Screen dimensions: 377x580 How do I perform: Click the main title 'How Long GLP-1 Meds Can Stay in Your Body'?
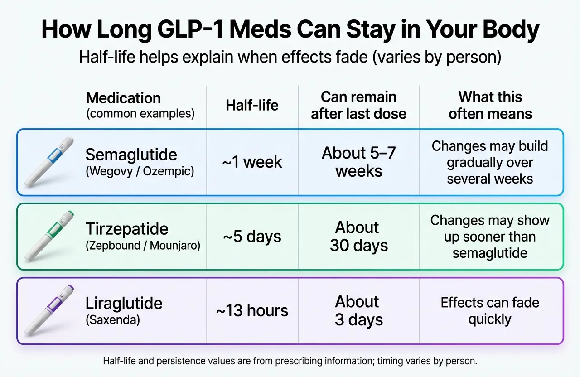(x=290, y=30)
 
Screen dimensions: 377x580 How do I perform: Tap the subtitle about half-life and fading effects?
(x=290, y=58)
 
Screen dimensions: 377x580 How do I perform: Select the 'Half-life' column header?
(x=252, y=105)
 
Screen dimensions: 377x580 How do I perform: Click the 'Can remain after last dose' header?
(x=358, y=105)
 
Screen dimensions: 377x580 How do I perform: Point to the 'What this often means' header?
(x=490, y=105)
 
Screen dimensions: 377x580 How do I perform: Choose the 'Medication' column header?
(x=123, y=98)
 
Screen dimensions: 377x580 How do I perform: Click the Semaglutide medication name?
(x=131, y=155)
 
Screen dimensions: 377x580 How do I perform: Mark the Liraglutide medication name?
(x=124, y=303)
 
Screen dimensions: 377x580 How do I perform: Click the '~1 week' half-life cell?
(x=252, y=162)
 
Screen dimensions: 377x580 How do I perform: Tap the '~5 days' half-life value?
(x=252, y=237)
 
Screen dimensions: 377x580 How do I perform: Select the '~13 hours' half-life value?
(x=252, y=311)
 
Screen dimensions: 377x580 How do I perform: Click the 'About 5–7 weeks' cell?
(x=358, y=162)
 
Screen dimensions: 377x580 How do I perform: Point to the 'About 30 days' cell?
(x=358, y=237)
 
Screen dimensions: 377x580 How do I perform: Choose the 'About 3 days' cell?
(x=358, y=311)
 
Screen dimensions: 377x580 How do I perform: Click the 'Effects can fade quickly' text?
(x=490, y=311)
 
